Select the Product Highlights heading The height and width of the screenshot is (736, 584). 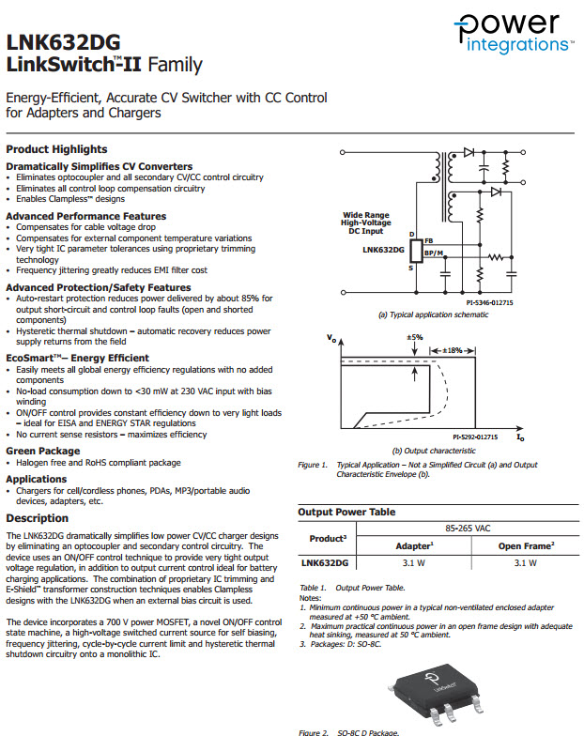(x=56, y=149)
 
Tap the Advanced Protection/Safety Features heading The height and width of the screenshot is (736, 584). (x=99, y=287)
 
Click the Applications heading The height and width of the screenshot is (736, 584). (x=37, y=479)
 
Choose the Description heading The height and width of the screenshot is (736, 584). (x=38, y=518)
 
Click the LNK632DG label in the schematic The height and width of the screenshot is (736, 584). (x=382, y=251)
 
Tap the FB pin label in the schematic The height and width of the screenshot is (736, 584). (x=428, y=242)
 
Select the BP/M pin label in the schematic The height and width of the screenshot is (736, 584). (x=433, y=253)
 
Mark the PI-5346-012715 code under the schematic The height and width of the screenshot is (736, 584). (x=489, y=302)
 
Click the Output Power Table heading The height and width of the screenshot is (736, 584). (x=346, y=513)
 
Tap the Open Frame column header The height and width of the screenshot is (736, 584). (x=526, y=545)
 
